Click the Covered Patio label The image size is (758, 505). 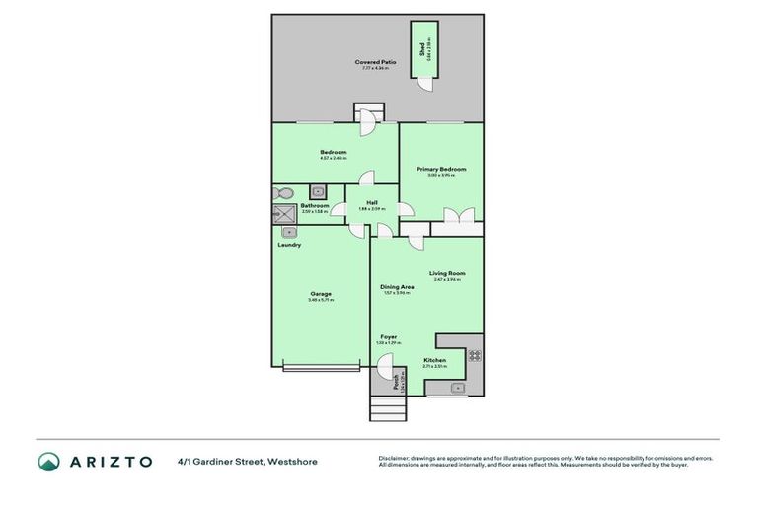tap(375, 63)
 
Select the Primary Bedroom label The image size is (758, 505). tap(440, 170)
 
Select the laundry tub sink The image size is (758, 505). tap(289, 233)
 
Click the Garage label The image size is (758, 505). tap(321, 293)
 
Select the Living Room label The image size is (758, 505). tap(447, 273)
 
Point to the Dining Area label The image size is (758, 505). tap(397, 287)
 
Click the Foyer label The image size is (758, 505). tap(389, 337)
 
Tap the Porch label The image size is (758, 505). tap(396, 380)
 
